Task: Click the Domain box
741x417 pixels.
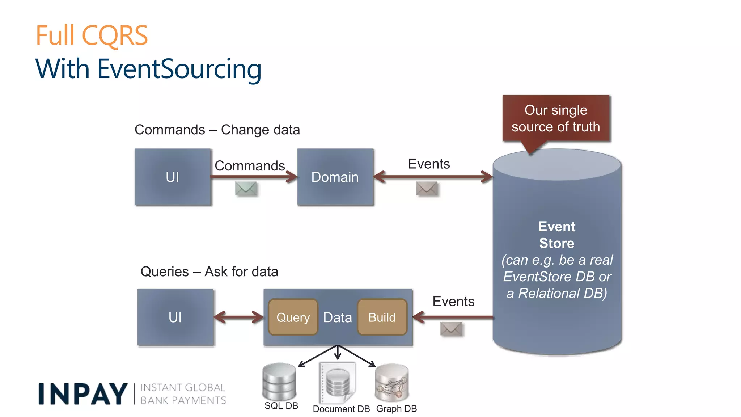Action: coord(335,177)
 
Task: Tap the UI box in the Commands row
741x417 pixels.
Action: coord(173,177)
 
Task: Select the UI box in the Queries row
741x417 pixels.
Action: coord(175,317)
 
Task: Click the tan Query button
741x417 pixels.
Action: coord(293,317)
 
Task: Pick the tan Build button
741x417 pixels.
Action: coord(382,317)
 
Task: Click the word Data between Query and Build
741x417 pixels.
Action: coord(338,317)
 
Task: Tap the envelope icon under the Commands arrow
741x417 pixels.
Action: coord(246,189)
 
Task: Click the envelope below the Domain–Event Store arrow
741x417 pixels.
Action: coord(427,189)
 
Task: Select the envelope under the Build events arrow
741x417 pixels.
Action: coord(451,329)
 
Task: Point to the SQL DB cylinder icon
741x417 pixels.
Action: coord(279,382)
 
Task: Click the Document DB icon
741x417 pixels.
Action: coord(338,383)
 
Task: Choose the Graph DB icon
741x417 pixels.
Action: coord(392,383)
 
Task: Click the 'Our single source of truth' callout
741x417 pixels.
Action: coord(556,118)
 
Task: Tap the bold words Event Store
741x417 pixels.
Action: coord(556,235)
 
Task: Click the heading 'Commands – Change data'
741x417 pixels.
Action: coord(217,130)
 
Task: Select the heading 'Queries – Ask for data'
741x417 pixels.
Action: coord(209,271)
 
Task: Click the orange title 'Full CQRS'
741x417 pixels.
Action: coord(92,35)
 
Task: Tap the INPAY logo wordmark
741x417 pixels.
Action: coord(83,394)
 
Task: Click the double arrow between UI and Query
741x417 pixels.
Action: coord(239,317)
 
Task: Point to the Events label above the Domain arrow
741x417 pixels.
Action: coord(429,164)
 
